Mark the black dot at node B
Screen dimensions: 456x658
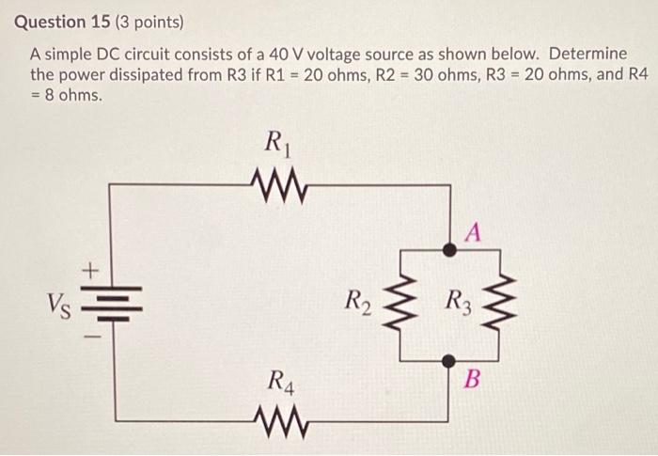(450, 359)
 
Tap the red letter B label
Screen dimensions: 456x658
(473, 380)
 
